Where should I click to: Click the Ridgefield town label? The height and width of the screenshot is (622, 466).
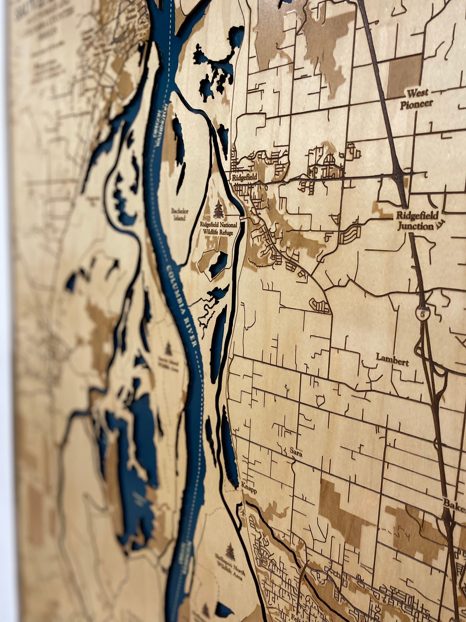tap(244, 177)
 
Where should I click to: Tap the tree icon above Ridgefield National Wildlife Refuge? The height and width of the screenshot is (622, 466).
tap(219, 209)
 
